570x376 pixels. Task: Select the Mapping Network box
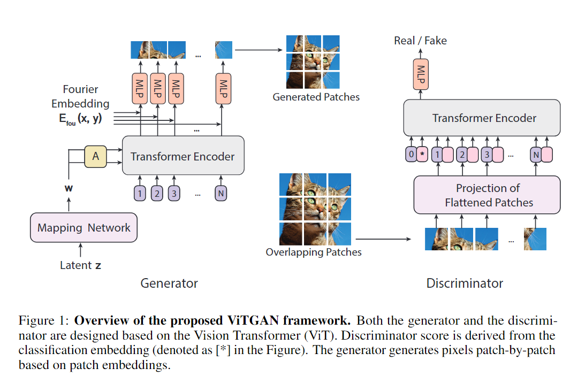[83, 228]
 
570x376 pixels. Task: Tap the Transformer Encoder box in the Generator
[183, 156]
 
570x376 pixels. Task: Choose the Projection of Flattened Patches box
[487, 195]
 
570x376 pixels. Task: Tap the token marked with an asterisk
[422, 155]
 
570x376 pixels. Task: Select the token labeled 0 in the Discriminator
[411, 155]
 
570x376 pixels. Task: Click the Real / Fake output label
[420, 41]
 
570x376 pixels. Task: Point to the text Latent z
[80, 265]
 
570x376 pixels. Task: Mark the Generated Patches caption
[316, 97]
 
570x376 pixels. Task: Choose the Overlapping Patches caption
[314, 252]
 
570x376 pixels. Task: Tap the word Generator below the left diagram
[169, 283]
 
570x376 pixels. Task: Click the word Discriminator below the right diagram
[465, 283]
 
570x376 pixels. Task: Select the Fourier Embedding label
[80, 97]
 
